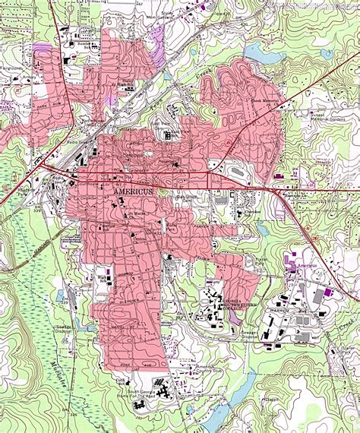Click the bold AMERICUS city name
click(133, 191)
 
